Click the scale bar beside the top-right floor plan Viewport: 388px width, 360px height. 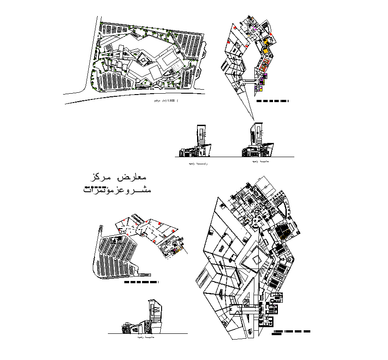(x=273, y=101)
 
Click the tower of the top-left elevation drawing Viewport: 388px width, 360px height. (x=202, y=135)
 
